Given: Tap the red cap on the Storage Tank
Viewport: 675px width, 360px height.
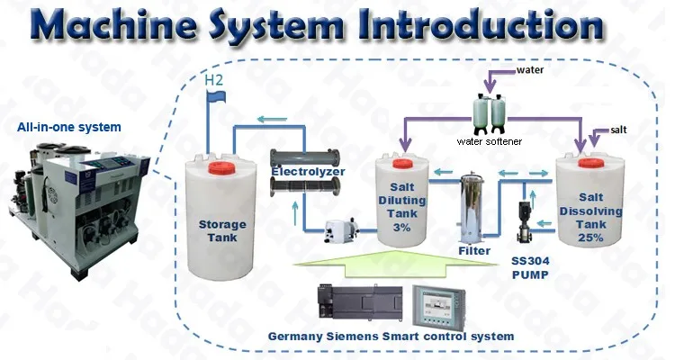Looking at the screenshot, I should [x=220, y=166].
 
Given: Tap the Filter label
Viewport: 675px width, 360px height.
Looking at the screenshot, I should [x=473, y=251].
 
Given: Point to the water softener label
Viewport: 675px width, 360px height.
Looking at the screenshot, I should [x=489, y=141].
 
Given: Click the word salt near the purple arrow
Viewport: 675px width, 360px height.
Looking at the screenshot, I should [x=617, y=130].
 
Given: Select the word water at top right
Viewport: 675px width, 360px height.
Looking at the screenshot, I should [x=532, y=69].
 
